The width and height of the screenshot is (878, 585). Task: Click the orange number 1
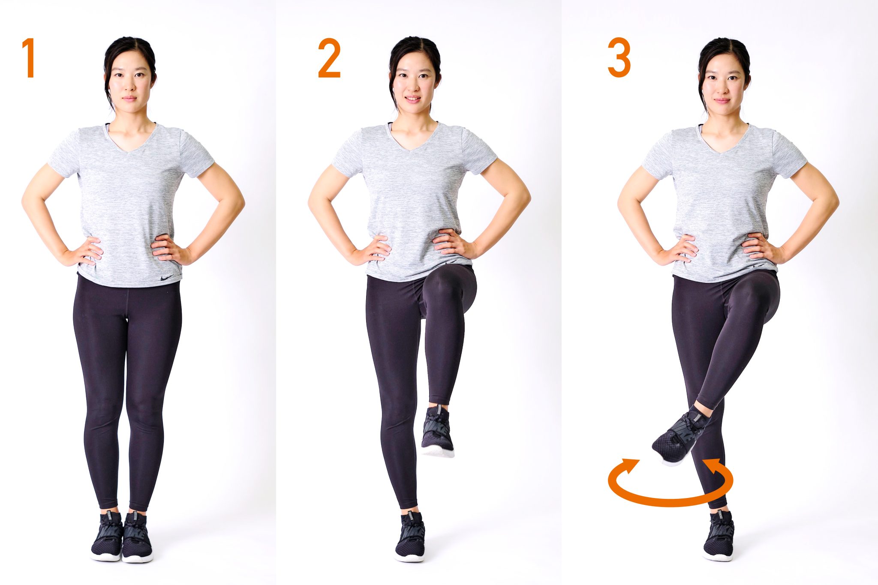click(29, 58)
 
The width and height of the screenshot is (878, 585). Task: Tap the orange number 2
click(329, 58)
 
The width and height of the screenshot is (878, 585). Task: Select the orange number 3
click(619, 57)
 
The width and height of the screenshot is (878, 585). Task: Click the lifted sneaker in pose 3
click(680, 437)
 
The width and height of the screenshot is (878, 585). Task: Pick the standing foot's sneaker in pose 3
click(719, 536)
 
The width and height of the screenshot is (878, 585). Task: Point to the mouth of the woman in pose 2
click(413, 99)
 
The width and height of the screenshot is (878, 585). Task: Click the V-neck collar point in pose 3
click(721, 153)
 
